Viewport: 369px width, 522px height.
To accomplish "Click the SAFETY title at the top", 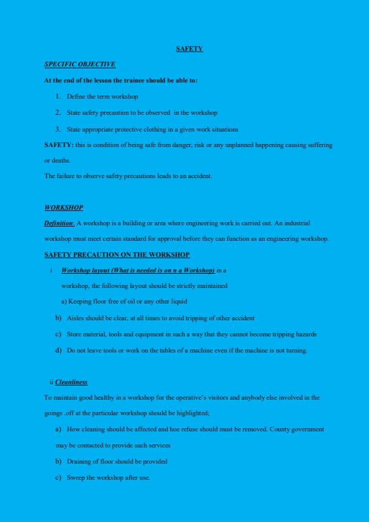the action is (x=189, y=48).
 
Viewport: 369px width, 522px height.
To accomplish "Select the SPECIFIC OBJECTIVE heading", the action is (x=80, y=64).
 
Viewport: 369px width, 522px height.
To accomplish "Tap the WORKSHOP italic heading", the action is (x=63, y=207).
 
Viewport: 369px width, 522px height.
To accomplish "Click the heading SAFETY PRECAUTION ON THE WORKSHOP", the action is (x=117, y=254).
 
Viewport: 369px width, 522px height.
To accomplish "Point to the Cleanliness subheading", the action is (x=71, y=382).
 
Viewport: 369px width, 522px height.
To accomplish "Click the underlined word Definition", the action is (x=59, y=223).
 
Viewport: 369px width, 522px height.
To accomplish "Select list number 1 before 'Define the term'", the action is (x=58, y=96).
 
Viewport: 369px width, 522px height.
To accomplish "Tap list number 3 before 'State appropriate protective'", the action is (x=58, y=129).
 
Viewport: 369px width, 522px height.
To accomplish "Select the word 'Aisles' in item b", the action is (x=75, y=318).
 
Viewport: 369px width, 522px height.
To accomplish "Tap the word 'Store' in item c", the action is (x=74, y=334).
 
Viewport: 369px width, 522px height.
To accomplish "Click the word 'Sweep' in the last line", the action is (x=75, y=477).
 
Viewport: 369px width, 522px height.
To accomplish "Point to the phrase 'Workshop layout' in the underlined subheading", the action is (x=85, y=270).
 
